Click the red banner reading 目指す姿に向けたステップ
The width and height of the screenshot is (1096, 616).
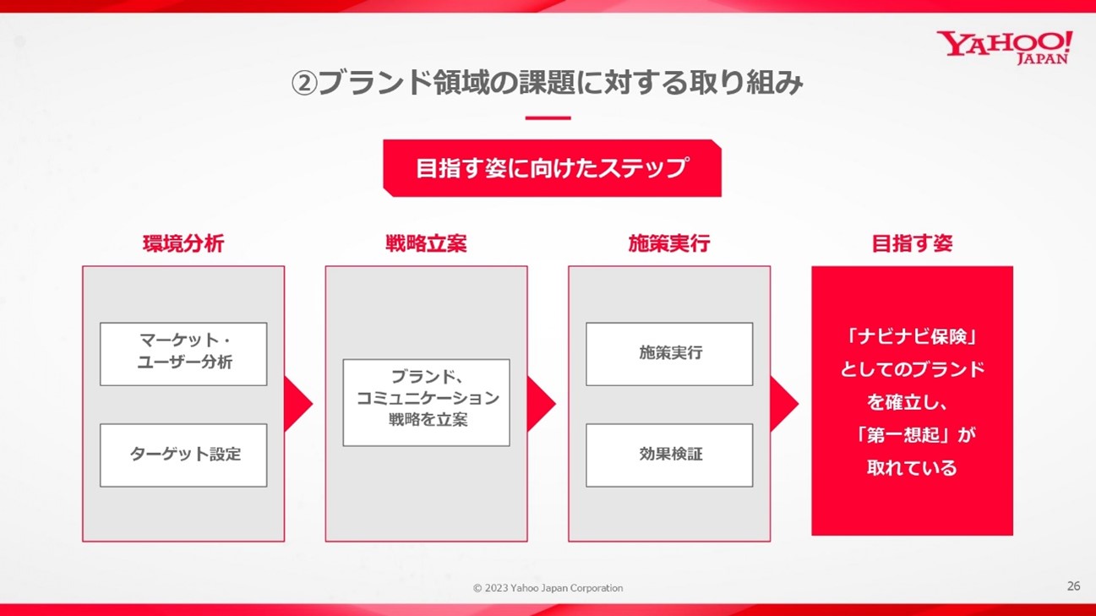click(552, 168)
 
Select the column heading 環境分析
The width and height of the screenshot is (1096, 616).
click(183, 243)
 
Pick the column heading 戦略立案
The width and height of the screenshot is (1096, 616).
click(426, 243)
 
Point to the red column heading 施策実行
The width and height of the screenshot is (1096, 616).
click(669, 243)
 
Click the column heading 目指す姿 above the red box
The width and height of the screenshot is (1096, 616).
click(912, 243)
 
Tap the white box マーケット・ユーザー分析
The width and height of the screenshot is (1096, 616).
click(183, 354)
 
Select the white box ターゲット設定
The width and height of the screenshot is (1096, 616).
click(183, 455)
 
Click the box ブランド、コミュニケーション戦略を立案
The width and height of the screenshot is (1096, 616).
click(426, 403)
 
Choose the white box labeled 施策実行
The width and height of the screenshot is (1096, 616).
click(669, 354)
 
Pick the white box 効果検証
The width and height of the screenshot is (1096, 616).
click(669, 455)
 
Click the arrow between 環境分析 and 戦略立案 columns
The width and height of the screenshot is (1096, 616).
click(297, 404)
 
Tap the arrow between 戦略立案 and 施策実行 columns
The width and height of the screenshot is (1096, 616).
click(540, 404)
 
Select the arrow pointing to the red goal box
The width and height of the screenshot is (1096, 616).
click(782, 404)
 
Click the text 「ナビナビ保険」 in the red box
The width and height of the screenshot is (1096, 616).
click(912, 337)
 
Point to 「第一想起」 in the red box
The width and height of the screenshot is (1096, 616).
click(905, 435)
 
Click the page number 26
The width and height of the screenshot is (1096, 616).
click(1073, 586)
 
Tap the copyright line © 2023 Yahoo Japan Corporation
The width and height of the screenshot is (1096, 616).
click(548, 588)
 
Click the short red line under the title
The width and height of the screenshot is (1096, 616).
click(548, 118)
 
